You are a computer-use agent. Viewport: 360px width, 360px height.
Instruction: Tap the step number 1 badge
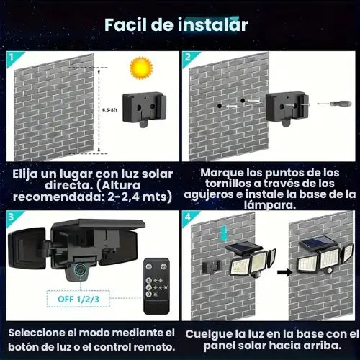click(x=12, y=56)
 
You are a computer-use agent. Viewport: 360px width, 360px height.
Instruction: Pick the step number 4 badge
click(x=188, y=216)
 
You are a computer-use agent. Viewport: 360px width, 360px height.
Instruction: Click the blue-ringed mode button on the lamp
click(x=78, y=271)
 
